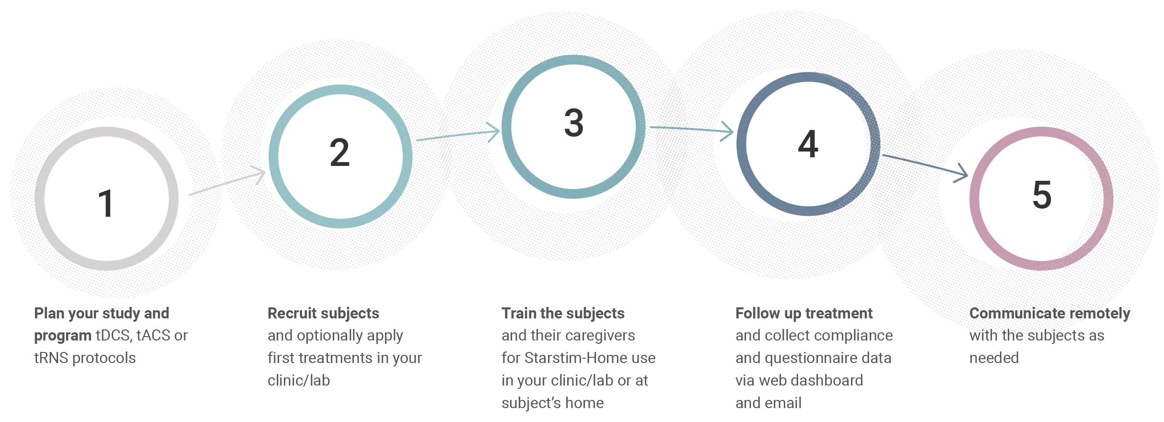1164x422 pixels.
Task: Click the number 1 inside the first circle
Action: point(104,203)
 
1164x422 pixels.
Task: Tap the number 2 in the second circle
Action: point(341,153)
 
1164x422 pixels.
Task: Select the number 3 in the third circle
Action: point(572,123)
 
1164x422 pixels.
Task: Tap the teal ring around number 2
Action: point(274,153)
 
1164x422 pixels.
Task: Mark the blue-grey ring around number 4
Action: point(742,144)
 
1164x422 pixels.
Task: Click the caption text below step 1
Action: point(110,336)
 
